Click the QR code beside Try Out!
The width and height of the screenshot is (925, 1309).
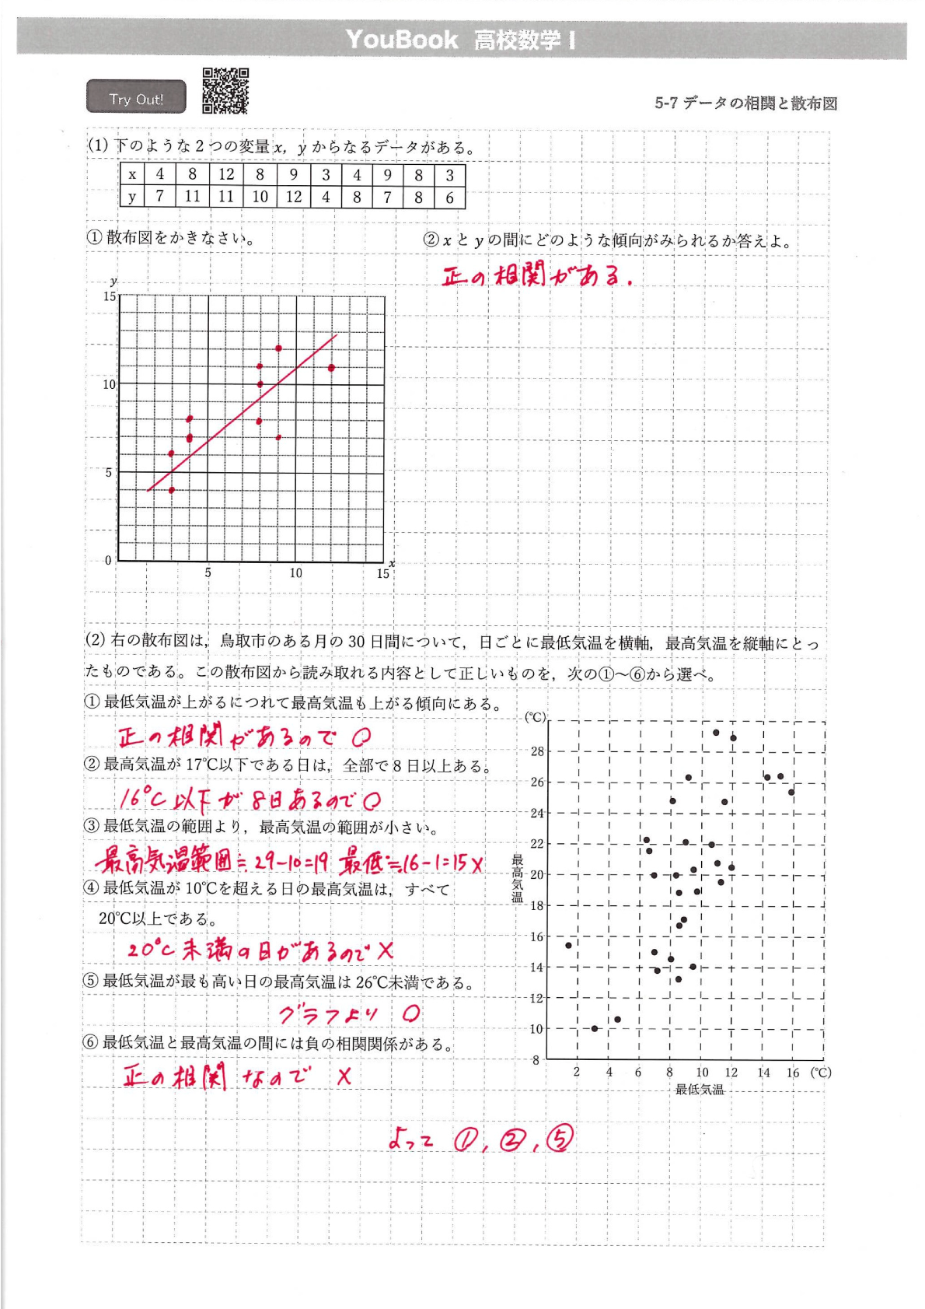click(225, 91)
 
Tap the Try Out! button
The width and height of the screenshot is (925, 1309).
click(136, 98)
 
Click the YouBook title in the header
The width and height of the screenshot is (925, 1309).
click(401, 39)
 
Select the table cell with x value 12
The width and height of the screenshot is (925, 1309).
click(226, 174)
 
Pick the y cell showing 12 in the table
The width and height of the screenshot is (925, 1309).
click(293, 197)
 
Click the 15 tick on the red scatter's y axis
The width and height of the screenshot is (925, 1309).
click(110, 296)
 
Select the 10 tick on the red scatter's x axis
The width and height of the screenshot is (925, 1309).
click(295, 573)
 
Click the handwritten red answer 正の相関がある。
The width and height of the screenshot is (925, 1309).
click(536, 275)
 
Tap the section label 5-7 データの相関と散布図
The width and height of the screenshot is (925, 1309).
click(745, 103)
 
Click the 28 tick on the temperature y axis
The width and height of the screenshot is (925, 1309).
click(537, 751)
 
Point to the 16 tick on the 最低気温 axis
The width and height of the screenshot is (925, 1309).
click(792, 1073)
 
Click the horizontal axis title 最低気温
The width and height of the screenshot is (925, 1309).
click(699, 1090)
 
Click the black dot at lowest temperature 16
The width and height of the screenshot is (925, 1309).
click(791, 792)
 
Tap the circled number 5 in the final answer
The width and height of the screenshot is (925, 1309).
click(560, 1139)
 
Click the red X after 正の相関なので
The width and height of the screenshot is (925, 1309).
click(344, 1076)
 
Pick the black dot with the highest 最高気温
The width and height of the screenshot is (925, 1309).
click(716, 732)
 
